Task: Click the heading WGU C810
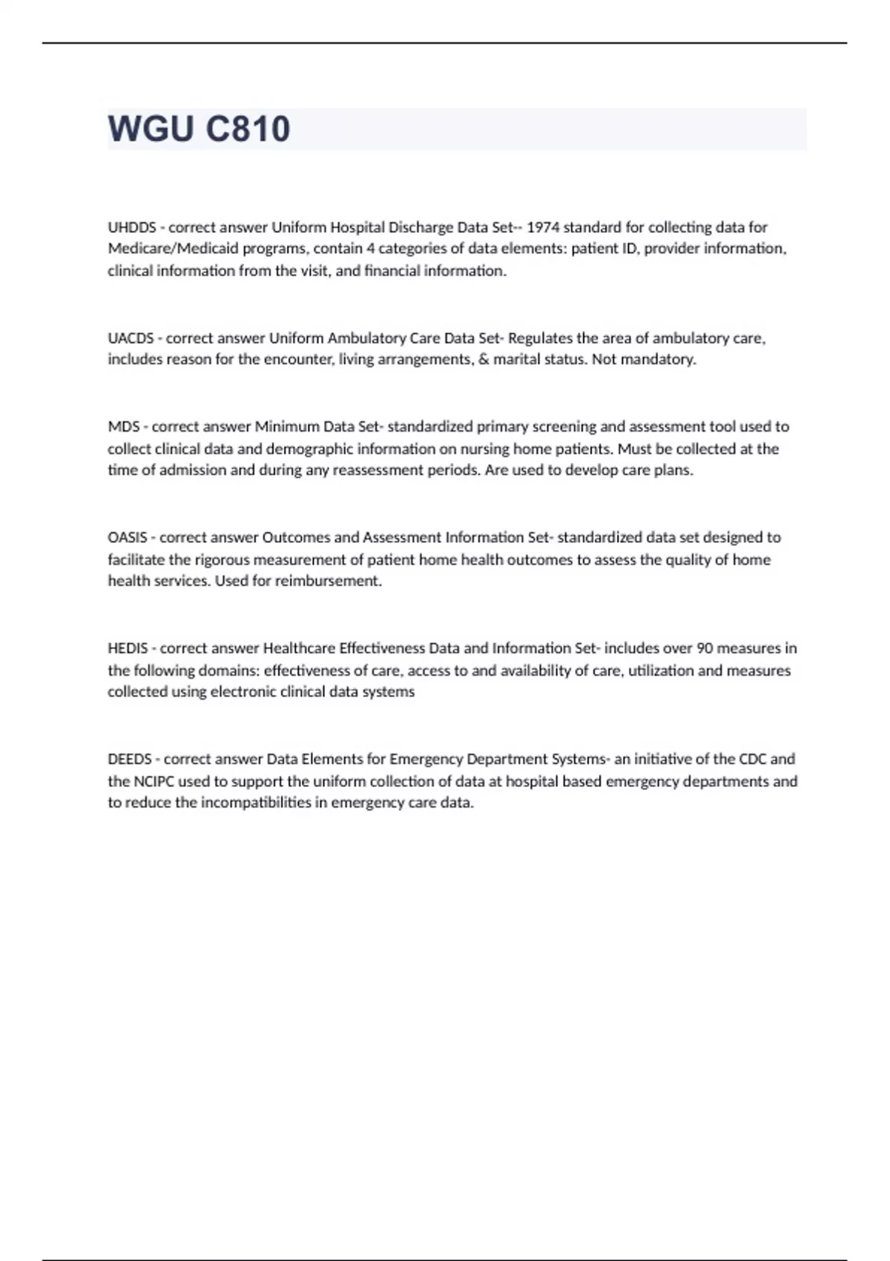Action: (199, 129)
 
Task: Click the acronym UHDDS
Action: (128, 227)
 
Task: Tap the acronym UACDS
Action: (131, 338)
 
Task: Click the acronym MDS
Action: (123, 427)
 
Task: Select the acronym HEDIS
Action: (128, 648)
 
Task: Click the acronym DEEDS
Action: (129, 759)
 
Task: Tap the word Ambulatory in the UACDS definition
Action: (366, 338)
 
